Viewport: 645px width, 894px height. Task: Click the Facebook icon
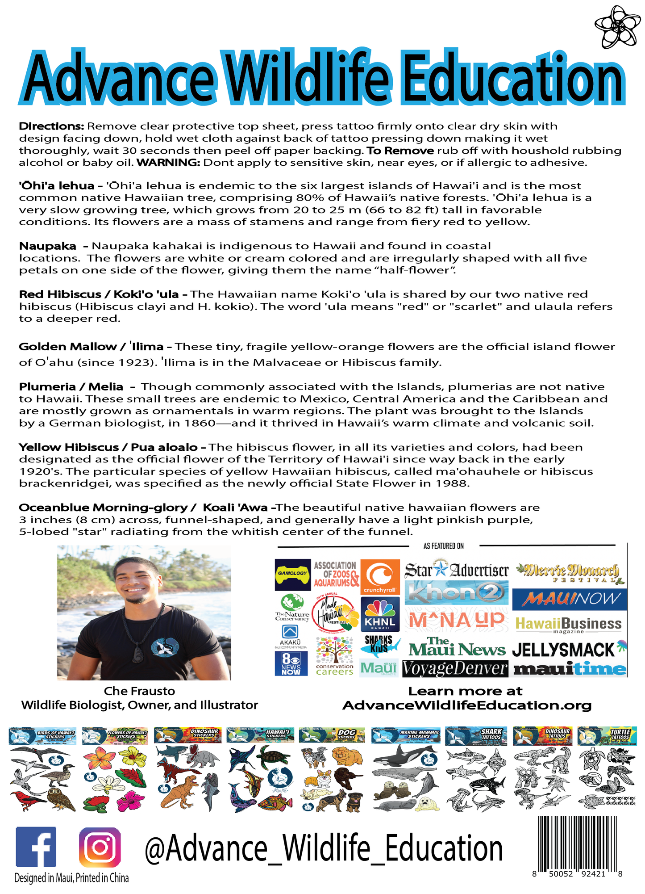click(36, 847)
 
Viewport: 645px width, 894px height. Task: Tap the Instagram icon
click(100, 847)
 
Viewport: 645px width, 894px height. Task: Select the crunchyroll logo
click(379, 577)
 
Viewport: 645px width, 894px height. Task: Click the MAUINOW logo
click(570, 599)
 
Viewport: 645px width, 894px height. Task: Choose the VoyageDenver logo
click(455, 669)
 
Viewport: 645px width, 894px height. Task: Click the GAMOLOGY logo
click(292, 574)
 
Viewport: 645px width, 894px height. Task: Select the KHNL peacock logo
click(379, 614)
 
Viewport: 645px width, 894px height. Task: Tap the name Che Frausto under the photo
click(139, 691)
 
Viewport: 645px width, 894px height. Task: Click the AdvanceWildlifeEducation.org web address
click(467, 705)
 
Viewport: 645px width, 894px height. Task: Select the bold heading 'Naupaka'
click(48, 246)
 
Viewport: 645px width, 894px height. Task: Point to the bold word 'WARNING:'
click(168, 163)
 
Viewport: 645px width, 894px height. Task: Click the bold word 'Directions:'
click(51, 126)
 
